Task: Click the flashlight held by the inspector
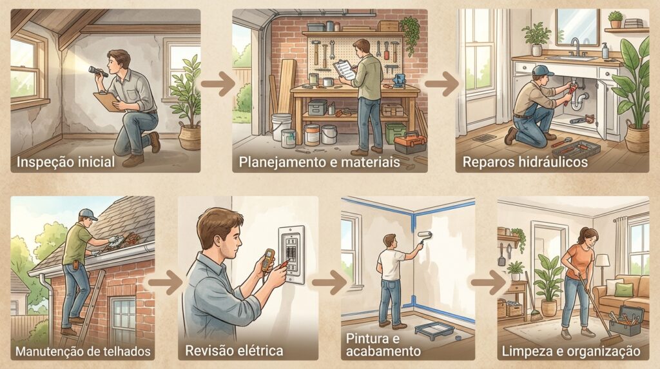pyautogui.click(x=98, y=72)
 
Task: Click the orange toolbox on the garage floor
pyautogui.click(x=409, y=143)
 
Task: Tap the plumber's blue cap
pyautogui.click(x=543, y=70)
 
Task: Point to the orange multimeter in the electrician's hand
pyautogui.click(x=267, y=260)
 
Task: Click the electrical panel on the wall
pyautogui.click(x=292, y=255)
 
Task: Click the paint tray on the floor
pyautogui.click(x=434, y=330)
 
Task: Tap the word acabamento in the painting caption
pyautogui.click(x=383, y=352)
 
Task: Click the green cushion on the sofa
pyautogui.click(x=623, y=290)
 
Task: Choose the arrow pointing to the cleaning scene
pyautogui.click(x=487, y=282)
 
